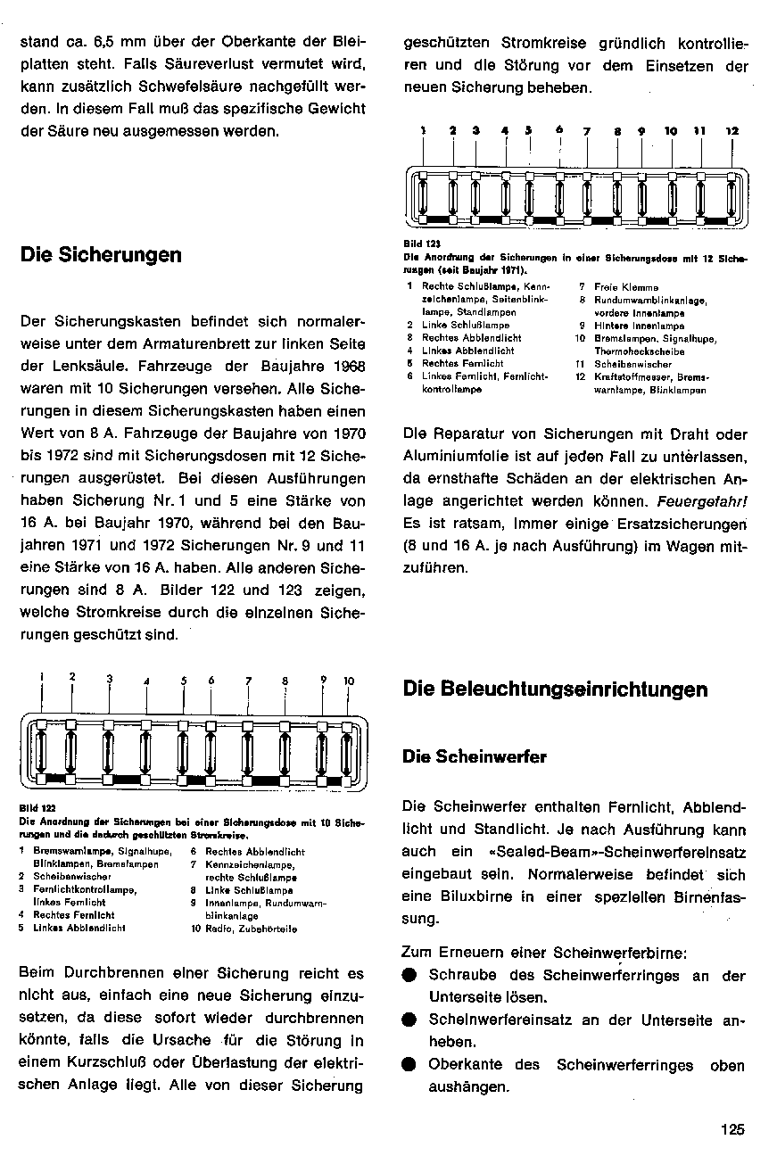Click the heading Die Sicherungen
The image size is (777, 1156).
tap(100, 255)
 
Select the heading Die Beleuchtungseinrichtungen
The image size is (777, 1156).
tap(555, 689)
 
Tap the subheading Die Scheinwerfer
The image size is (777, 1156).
tap(475, 757)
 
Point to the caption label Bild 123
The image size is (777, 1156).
tap(417, 242)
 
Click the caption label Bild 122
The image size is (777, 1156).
tap(31, 806)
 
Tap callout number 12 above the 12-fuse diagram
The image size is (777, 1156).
tap(732, 131)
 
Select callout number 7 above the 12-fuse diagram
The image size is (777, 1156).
tap(587, 132)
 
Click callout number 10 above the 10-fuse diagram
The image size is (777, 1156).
tap(349, 681)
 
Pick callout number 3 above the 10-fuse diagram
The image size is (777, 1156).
tap(110, 680)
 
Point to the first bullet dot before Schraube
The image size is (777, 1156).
tap(409, 976)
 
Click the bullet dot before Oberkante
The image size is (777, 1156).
tap(409, 1064)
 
